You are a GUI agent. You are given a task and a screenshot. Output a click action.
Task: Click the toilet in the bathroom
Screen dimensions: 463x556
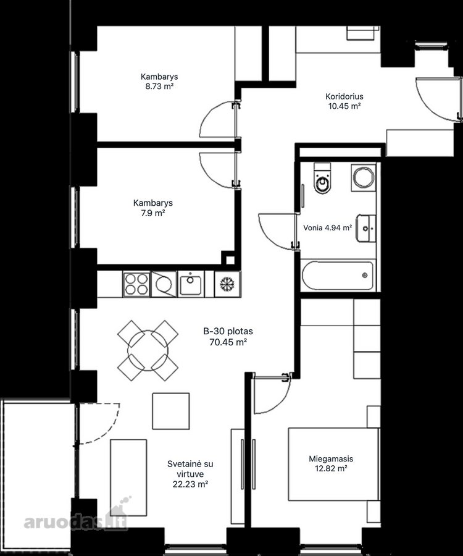[322, 179]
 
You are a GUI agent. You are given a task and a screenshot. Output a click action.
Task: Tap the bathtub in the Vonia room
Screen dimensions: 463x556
[338, 276]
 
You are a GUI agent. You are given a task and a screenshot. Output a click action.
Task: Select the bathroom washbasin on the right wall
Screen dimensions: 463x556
[366, 228]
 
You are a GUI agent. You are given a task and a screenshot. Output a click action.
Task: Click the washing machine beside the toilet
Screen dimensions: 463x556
[364, 177]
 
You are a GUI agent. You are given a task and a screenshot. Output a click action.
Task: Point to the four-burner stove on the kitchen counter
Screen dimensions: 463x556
[136, 284]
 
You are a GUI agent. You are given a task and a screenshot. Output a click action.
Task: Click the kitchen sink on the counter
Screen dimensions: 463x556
[191, 284]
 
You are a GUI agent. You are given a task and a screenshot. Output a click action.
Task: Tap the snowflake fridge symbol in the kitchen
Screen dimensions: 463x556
[227, 284]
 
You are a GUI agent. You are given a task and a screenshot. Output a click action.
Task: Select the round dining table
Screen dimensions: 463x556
[148, 351]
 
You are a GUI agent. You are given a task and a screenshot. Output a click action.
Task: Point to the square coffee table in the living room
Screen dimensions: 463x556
[171, 411]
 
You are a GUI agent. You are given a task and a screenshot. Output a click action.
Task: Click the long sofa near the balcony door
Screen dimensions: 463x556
[128, 478]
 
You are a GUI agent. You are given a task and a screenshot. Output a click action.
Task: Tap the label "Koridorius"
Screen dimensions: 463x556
[344, 96]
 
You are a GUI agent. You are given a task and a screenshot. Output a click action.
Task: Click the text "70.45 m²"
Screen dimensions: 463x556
[228, 342]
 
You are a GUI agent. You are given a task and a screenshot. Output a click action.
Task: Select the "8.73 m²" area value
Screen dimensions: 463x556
[159, 86]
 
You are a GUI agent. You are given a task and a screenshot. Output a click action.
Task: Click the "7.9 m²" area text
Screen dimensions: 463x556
[153, 213]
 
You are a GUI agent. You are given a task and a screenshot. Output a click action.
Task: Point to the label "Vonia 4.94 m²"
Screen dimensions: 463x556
[328, 227]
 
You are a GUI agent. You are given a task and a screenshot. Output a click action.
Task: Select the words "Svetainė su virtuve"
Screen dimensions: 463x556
[190, 469]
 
